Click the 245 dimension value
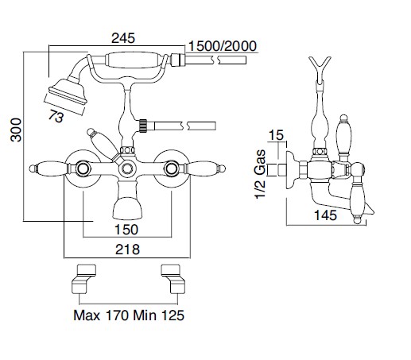(x=123, y=38)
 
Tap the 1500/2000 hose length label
(x=222, y=46)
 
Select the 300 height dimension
(x=16, y=130)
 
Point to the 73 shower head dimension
(x=56, y=117)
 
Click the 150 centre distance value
(x=126, y=230)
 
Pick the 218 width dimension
(x=127, y=250)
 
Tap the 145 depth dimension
(x=325, y=215)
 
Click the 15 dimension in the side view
(x=276, y=135)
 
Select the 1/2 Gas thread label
(x=260, y=174)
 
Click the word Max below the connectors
(x=87, y=315)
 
